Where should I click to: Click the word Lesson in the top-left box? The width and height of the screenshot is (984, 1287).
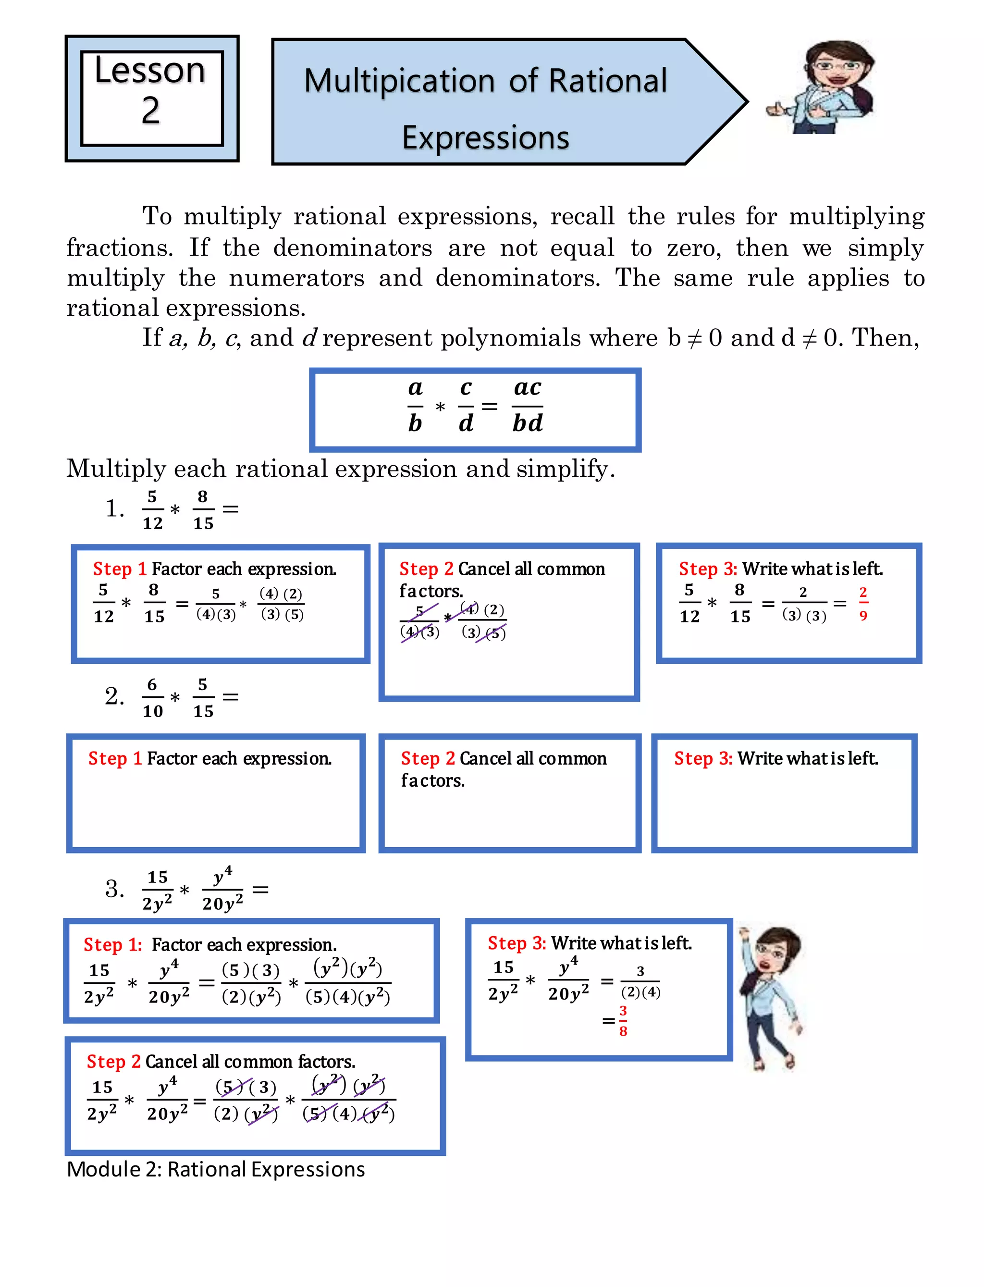click(x=150, y=71)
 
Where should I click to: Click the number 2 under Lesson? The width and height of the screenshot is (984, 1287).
click(x=150, y=111)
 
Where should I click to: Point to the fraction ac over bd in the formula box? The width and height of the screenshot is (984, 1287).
click(x=527, y=406)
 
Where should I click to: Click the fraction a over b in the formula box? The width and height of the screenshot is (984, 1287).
click(x=415, y=406)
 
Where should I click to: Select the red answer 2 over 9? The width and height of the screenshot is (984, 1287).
click(x=863, y=604)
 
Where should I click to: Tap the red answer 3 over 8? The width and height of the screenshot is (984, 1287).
click(x=623, y=1021)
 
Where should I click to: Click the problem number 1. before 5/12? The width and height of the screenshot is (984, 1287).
click(x=115, y=508)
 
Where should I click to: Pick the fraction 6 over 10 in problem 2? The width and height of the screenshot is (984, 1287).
click(x=152, y=697)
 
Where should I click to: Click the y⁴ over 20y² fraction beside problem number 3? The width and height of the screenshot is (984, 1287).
click(x=222, y=889)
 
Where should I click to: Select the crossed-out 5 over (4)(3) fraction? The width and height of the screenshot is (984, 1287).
click(x=419, y=621)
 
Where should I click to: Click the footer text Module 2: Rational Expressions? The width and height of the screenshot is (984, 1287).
click(x=216, y=1169)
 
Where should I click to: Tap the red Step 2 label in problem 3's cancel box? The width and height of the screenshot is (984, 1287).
click(x=113, y=1062)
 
